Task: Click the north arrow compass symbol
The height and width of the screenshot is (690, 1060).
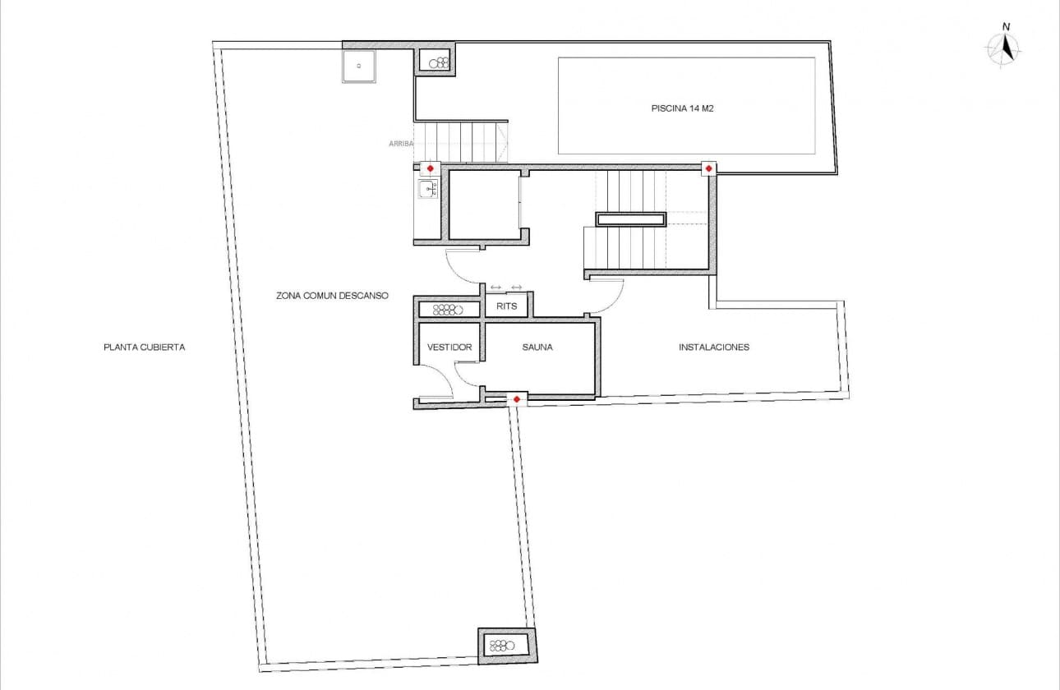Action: point(1003,48)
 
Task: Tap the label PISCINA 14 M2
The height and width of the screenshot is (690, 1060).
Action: point(681,108)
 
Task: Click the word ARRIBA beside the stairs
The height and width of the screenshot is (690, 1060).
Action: point(400,144)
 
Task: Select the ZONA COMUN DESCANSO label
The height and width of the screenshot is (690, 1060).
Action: point(332,296)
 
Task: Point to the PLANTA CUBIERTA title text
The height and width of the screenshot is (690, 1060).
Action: point(144,347)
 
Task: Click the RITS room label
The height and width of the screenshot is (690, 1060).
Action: point(507,306)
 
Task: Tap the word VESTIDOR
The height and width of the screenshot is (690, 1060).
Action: point(449,347)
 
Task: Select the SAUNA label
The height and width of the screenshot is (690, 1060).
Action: point(537,347)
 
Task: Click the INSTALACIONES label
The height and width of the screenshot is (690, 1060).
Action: point(713,347)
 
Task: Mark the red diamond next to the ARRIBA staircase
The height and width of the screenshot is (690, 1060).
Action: point(429,168)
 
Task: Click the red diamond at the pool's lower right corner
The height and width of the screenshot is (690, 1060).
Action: point(708,168)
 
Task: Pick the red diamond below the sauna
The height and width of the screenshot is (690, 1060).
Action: point(516,399)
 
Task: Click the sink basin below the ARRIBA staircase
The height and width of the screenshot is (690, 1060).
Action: point(427,190)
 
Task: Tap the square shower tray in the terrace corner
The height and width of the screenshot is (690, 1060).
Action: point(358,67)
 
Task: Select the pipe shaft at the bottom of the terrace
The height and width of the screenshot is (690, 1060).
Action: point(506,644)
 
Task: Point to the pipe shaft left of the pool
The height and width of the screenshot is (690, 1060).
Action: point(436,62)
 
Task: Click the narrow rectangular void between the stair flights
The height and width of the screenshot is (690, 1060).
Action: point(631,219)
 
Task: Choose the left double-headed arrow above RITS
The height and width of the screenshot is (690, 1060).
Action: point(495,287)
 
